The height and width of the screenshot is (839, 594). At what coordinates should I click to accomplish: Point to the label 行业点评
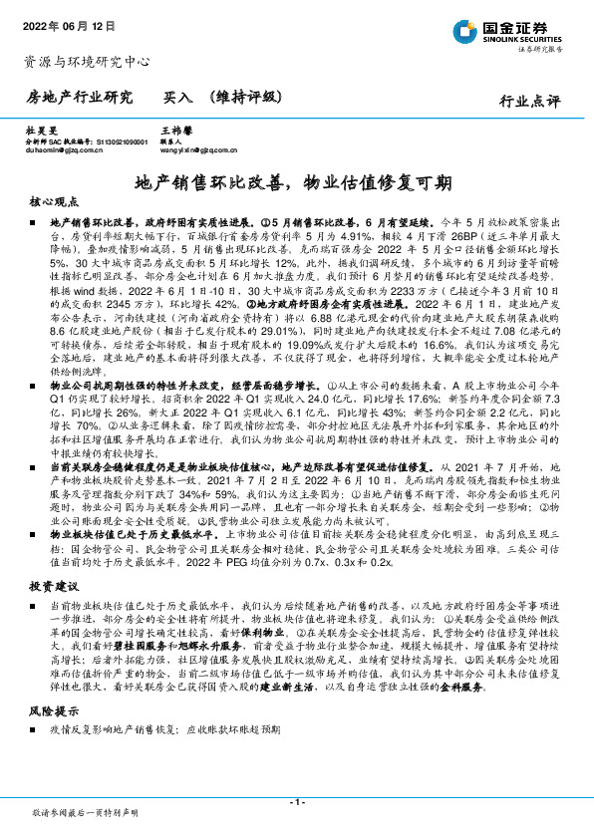[530, 101]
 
